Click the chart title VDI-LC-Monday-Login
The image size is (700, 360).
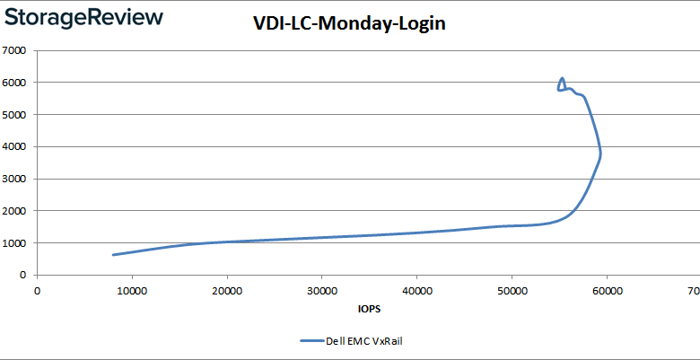[x=349, y=24]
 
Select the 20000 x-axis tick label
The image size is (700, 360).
[x=227, y=290]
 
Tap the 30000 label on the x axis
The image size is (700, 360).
[x=322, y=290]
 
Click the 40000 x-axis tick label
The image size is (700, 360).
[x=416, y=290]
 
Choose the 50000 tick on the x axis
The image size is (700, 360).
[x=512, y=290]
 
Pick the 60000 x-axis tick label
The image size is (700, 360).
[x=607, y=290]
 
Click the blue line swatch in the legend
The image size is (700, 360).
[x=311, y=341]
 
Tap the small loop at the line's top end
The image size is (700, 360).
[x=562, y=84]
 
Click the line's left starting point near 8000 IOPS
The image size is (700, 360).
[x=113, y=255]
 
